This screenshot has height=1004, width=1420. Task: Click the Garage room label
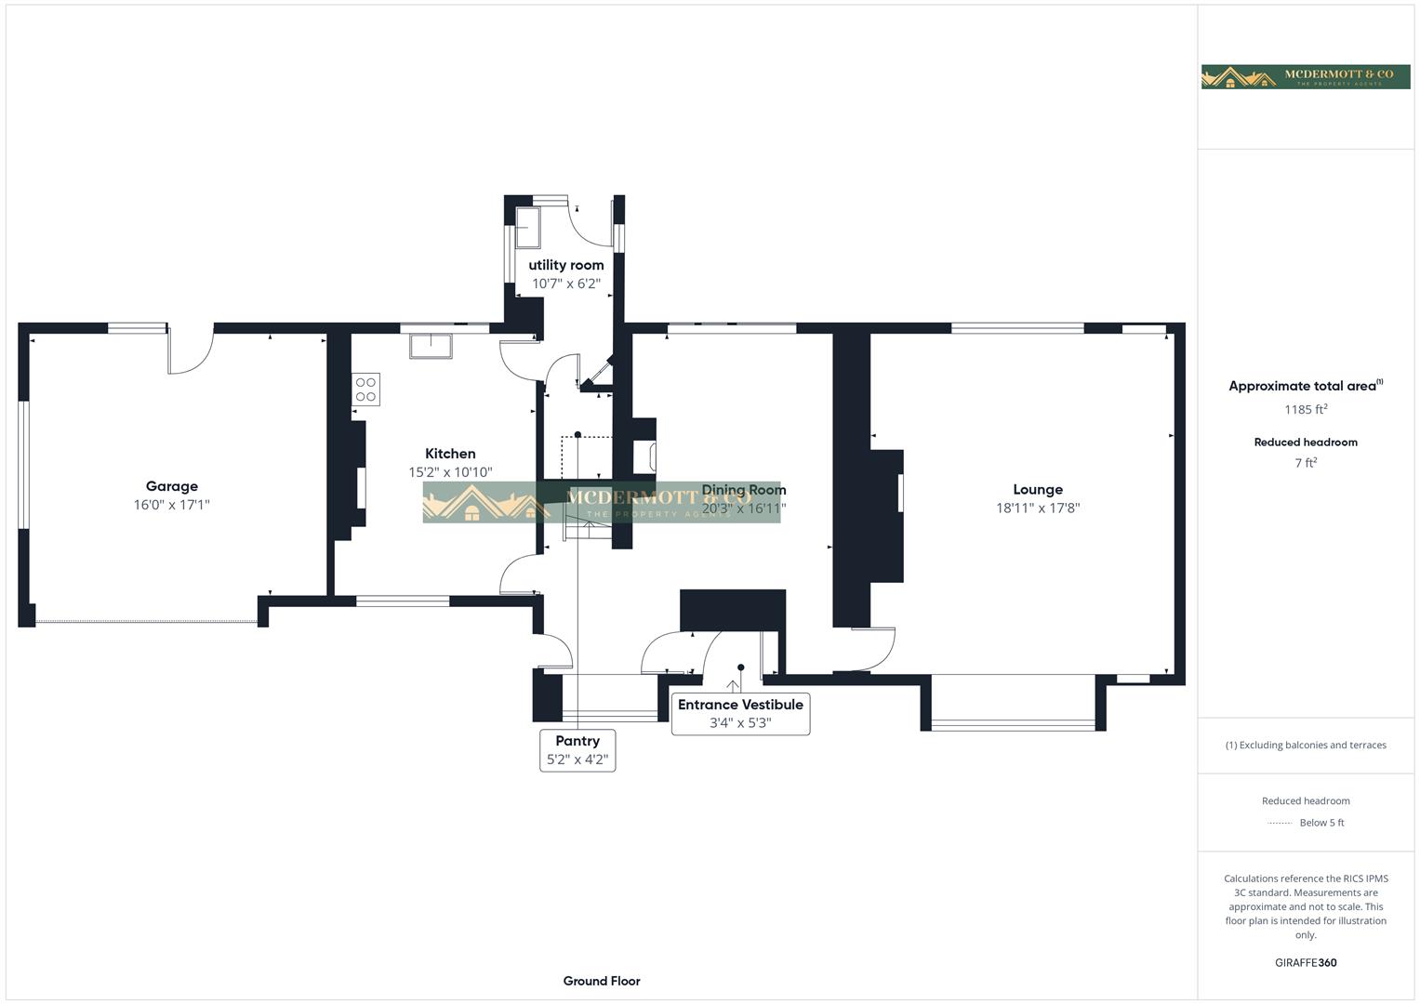171,486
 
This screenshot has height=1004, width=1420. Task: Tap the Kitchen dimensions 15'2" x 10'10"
450,472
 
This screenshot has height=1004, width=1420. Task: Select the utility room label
565,265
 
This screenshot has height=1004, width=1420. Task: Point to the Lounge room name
1037,489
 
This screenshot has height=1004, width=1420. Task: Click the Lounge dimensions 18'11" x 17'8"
1037,509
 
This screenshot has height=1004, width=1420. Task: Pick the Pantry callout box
577,749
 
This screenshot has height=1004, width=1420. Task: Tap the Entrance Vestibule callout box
740,713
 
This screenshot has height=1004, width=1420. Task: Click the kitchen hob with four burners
365,390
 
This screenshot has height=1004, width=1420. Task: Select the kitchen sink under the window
431,346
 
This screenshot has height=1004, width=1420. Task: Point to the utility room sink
529,228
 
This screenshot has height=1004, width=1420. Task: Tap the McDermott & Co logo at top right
1305,77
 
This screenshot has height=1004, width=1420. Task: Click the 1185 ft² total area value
1305,409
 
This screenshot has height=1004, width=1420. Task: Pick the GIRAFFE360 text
1305,962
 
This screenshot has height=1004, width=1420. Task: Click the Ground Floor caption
601,981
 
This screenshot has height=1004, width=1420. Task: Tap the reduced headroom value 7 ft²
1305,463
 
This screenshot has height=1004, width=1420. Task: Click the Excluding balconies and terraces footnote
1305,745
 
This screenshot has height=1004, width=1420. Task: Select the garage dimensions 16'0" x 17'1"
171,506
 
